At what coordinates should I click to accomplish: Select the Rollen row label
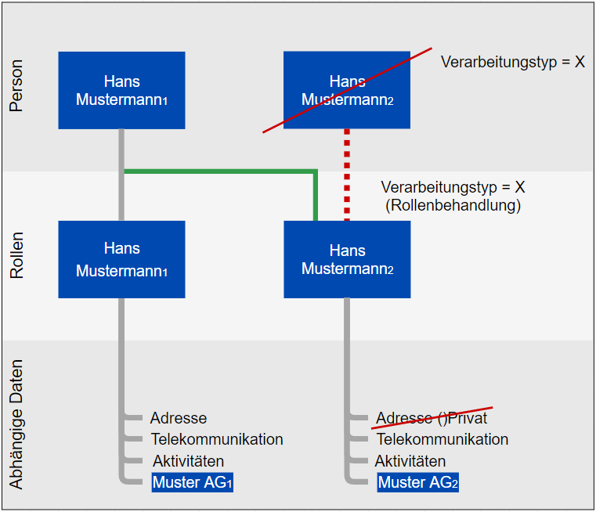pos(16,256)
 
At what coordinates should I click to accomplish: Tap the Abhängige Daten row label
pos(16,424)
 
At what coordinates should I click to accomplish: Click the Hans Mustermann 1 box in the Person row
pos(121,90)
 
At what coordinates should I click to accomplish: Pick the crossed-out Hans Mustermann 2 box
pos(347,90)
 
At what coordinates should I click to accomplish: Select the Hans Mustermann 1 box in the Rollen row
pos(121,259)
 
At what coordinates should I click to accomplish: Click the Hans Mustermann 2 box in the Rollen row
pos(347,259)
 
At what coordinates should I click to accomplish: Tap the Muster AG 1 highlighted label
pos(193,482)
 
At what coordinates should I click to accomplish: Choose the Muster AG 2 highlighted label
pos(418,482)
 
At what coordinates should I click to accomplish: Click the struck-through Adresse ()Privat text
pos(432,418)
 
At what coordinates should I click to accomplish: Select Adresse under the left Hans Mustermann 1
pos(179,418)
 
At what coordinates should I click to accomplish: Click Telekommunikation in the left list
pos(217,439)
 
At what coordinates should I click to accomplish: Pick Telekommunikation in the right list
pos(442,439)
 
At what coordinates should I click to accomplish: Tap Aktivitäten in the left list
pos(188,461)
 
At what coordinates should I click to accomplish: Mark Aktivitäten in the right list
pos(410,461)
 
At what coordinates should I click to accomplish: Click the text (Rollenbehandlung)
pos(453,205)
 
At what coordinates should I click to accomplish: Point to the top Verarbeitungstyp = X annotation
pos(513,61)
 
